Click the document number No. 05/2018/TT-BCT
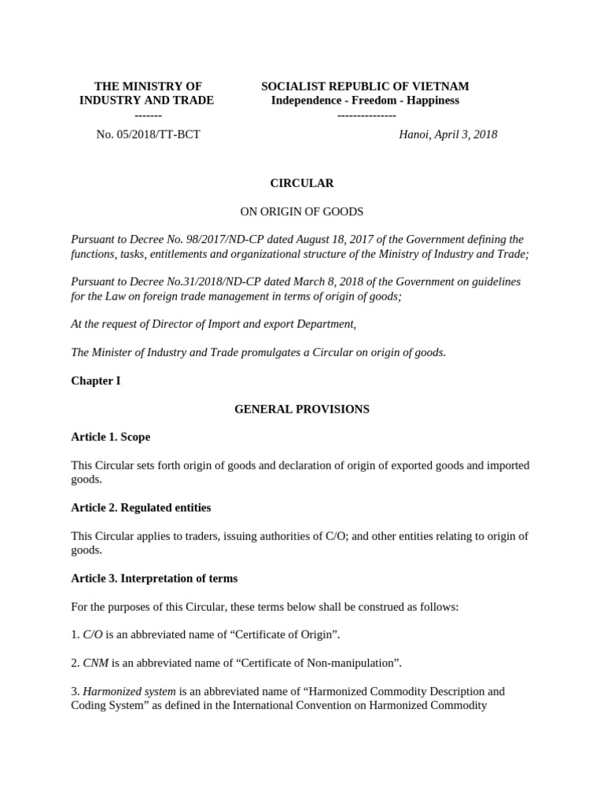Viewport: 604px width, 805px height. (148, 134)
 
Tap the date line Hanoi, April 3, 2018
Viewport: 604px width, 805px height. (447, 134)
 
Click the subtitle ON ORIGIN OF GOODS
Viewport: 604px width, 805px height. (301, 211)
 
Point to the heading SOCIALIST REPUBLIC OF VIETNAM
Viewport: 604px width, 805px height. (365, 86)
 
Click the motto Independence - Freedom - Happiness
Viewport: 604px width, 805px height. (365, 101)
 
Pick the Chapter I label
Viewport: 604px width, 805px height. (95, 381)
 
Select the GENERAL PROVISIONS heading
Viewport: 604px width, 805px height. (302, 410)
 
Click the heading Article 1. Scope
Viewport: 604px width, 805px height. (110, 437)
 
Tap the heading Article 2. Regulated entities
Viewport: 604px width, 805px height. (141, 508)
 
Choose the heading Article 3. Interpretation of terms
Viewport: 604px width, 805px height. (154, 579)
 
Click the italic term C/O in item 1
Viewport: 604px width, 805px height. (93, 635)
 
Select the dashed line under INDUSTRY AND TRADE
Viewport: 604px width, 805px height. (148, 115)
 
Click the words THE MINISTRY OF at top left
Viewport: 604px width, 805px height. (148, 86)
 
